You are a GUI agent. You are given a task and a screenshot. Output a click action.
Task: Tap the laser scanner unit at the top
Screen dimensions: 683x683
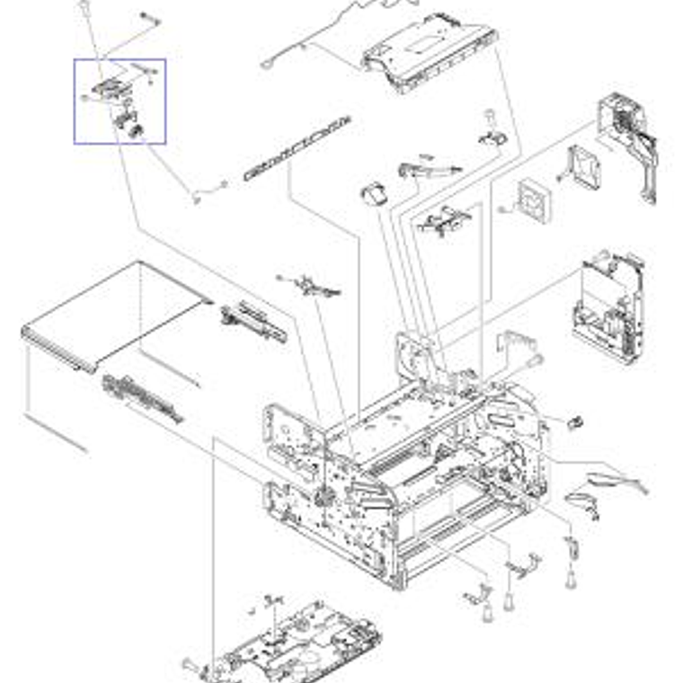(430, 54)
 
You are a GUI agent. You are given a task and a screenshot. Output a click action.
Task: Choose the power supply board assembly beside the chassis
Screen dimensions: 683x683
(608, 306)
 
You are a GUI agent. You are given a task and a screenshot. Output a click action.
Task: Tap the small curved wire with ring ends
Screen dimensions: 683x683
(208, 190)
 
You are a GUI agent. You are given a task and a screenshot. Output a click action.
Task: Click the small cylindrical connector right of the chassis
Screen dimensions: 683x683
(575, 423)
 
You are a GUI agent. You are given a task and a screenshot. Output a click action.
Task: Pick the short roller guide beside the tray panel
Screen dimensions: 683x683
(253, 322)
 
